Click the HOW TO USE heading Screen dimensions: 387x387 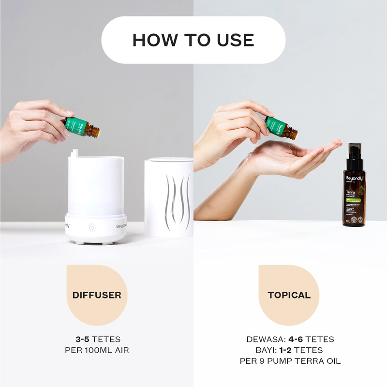(193, 40)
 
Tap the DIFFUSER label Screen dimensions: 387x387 (97, 295)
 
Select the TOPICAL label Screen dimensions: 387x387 (289, 295)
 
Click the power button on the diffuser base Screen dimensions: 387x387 (91, 227)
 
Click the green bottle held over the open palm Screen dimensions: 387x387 (280, 127)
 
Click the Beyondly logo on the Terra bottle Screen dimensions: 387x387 (354, 179)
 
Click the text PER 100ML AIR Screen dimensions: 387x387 (96, 350)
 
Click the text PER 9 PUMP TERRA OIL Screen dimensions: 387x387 (290, 361)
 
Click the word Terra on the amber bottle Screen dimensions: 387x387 (351, 192)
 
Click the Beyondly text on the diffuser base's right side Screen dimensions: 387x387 (121, 225)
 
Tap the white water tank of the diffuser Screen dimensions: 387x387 (96, 186)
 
